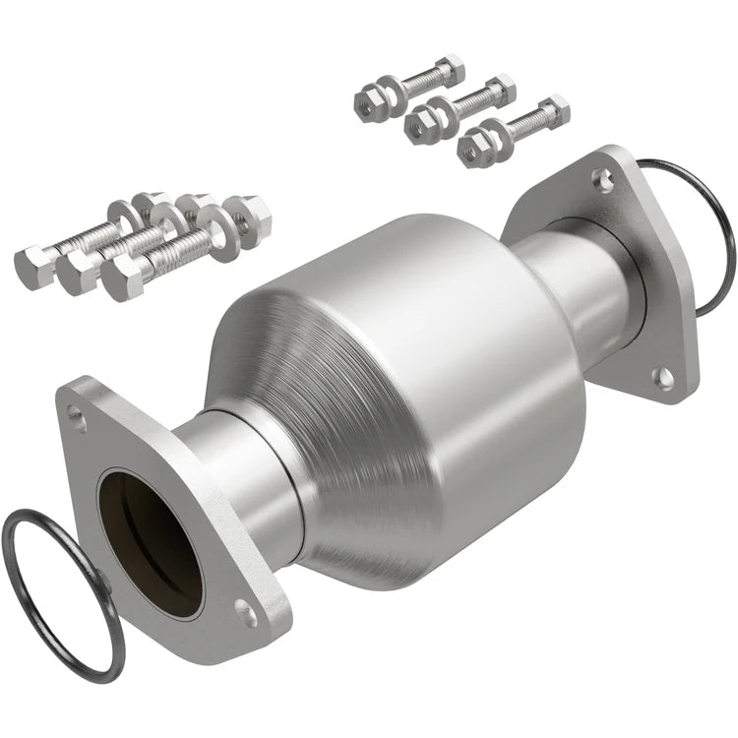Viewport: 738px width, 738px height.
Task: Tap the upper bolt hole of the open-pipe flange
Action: click(79, 420)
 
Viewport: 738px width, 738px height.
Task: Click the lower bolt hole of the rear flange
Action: click(666, 376)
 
